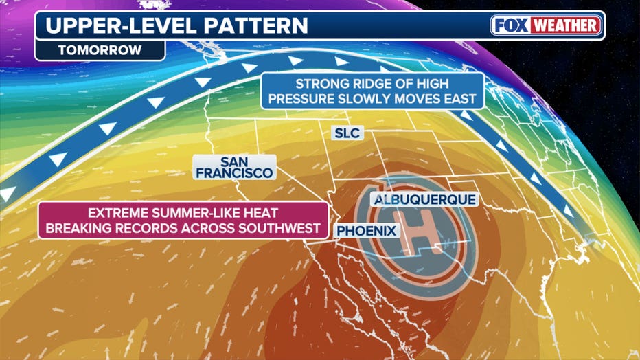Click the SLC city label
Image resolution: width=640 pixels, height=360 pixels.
(347, 133)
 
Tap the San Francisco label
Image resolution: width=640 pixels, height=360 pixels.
(235, 168)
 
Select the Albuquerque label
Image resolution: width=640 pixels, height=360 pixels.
(423, 200)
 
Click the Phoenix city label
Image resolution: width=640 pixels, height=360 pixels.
(367, 231)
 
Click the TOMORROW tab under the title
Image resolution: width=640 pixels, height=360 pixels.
(99, 50)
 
